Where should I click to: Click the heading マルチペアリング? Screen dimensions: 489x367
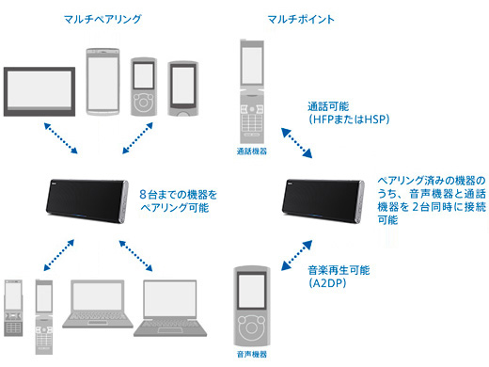point(103,20)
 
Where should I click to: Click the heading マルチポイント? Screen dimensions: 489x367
point(301,20)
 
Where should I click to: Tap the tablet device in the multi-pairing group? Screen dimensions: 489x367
point(39,91)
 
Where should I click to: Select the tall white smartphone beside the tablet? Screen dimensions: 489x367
point(103,82)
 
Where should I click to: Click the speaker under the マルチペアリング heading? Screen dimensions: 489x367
point(87,201)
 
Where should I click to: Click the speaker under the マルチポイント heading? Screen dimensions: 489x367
point(323,201)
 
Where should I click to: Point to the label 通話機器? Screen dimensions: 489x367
point(252,152)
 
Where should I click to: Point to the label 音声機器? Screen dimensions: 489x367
point(252,355)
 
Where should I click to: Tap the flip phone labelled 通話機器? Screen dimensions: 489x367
point(252,91)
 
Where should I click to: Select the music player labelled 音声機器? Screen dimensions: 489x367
point(252,307)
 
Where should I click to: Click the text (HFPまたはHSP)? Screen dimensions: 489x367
point(349,120)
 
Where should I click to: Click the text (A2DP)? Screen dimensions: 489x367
point(327,283)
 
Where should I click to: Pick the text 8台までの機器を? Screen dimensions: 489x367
point(178,195)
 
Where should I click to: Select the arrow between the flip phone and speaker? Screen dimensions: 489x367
point(296,143)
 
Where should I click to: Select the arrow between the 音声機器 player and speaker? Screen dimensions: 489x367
point(296,255)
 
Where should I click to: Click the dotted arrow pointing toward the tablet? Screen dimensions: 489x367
point(61,138)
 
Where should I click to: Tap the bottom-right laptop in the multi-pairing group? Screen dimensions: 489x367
point(170,308)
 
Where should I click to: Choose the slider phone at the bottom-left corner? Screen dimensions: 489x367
point(13,308)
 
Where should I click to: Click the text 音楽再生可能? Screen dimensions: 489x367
point(339,270)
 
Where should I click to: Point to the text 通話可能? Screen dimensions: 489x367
point(328,106)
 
